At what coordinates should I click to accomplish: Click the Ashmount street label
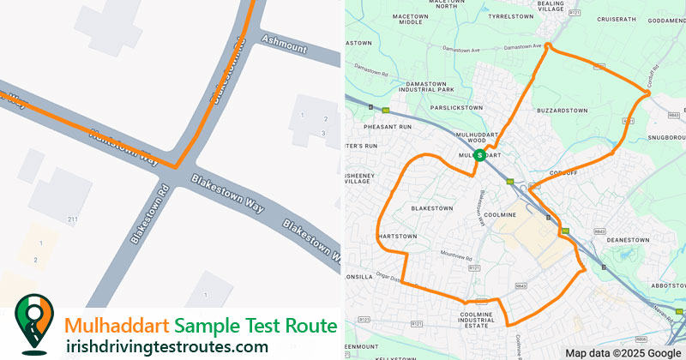point(283,44)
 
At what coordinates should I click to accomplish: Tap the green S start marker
point(479,155)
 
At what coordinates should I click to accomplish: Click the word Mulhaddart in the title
point(117,327)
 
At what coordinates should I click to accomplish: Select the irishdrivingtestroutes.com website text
point(166,346)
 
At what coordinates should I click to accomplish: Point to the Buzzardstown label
point(562,111)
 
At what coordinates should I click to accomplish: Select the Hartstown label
point(398,237)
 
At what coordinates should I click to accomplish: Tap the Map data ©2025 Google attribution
point(623,352)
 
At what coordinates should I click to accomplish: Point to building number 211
point(73,220)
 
